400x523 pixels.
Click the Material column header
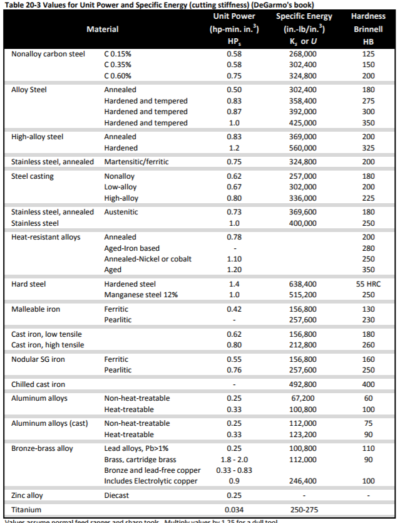point(102,29)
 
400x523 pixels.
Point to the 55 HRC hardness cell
point(367,284)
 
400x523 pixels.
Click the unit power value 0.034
point(233,510)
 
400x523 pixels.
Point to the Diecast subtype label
point(118,495)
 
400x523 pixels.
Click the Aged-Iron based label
point(131,248)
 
